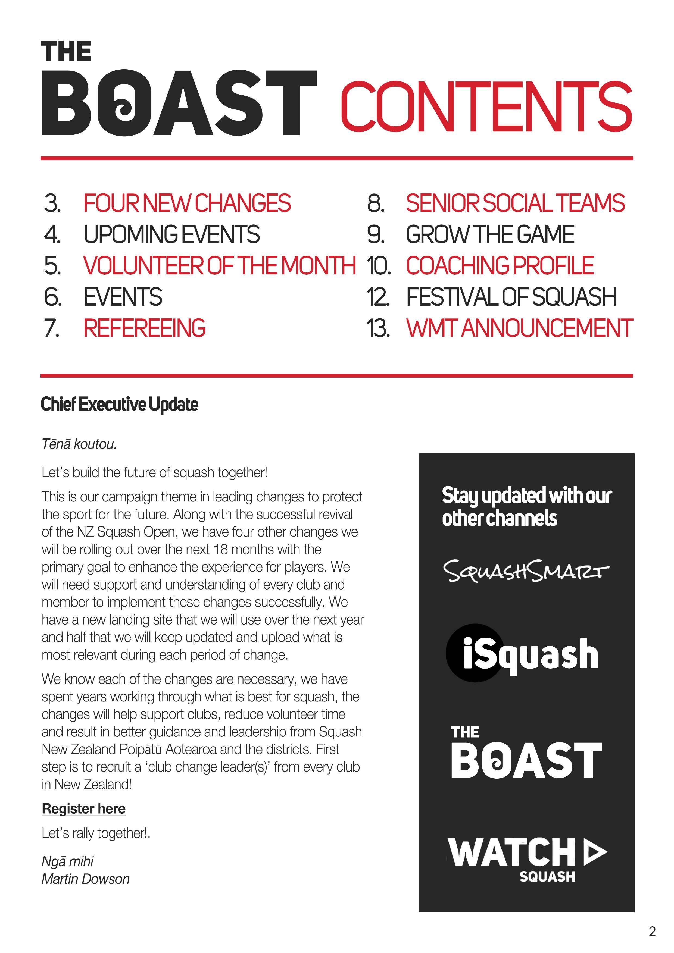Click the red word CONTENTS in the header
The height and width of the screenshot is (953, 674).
coord(486,106)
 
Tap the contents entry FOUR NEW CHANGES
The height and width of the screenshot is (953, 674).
coord(187,203)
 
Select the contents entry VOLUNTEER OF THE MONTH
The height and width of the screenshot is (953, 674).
coord(219,266)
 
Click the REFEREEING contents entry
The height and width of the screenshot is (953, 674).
coord(145,328)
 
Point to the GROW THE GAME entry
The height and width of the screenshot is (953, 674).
coord(490,234)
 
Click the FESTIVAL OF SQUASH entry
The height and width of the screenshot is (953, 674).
coord(511,297)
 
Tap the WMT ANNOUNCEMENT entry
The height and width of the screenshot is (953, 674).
coord(519,328)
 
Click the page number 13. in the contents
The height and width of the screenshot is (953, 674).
coord(378,328)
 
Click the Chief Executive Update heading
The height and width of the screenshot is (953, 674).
coord(120,404)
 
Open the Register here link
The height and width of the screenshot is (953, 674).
coord(83,808)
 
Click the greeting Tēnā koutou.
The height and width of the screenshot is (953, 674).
coord(79,444)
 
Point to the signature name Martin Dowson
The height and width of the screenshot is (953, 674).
coord(86,879)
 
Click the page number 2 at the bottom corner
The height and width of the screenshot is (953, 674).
coord(652,932)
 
